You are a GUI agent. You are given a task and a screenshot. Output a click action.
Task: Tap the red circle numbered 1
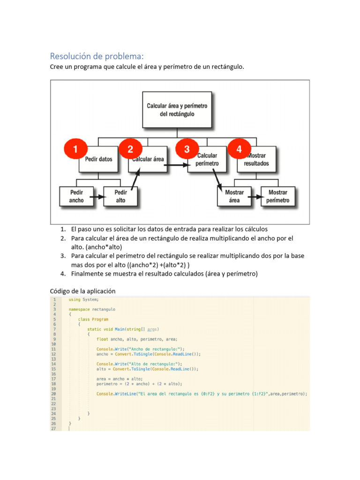click(x=75, y=150)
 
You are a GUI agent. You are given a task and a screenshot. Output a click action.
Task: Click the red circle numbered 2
click(x=130, y=150)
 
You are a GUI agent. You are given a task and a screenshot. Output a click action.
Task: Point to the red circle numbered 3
click(x=187, y=150)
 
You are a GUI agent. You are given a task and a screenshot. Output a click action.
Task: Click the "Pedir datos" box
click(x=99, y=159)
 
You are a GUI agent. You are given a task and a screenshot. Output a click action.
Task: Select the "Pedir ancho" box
click(x=76, y=196)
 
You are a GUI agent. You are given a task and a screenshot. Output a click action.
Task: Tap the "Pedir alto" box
click(x=120, y=196)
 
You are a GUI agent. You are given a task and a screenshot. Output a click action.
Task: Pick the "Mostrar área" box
click(x=234, y=196)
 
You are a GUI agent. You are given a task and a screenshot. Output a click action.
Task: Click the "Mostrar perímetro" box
click(x=278, y=196)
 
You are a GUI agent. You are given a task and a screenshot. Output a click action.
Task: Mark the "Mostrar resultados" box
click(x=257, y=160)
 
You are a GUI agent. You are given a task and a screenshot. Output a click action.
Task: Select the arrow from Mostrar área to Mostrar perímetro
click(x=256, y=196)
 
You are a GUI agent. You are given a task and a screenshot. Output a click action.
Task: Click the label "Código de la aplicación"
click(x=82, y=291)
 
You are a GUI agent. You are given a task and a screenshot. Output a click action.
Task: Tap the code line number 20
click(x=54, y=394)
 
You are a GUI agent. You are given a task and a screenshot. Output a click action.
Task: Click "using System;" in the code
click(x=83, y=300)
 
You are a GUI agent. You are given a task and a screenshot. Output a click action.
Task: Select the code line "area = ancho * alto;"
click(x=119, y=379)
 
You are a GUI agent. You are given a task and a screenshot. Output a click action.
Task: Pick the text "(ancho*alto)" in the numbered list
click(x=104, y=247)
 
